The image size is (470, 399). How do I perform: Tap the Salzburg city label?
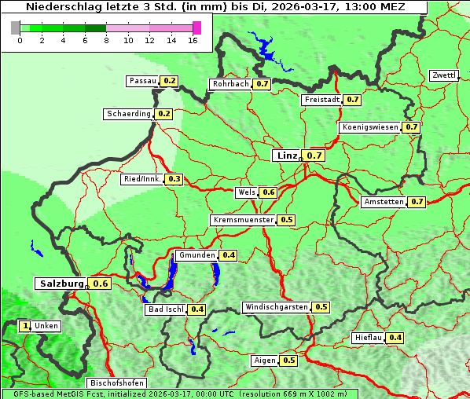tap(60, 283)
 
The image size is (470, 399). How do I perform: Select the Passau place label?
tap(142, 81)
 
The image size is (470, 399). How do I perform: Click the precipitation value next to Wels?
tap(269, 192)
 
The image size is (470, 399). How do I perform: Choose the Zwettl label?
tap(443, 75)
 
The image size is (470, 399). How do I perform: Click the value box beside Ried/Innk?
tap(174, 179)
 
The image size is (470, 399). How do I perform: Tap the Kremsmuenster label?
tap(243, 220)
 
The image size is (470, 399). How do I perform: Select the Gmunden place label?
tap(196, 255)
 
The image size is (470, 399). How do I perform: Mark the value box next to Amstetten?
tap(417, 202)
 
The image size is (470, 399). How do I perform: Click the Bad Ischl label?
tap(166, 309)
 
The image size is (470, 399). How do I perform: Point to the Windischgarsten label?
tap(276, 307)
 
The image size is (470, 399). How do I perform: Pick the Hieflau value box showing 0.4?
tap(396, 338)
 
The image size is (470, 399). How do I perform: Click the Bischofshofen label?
tap(115, 383)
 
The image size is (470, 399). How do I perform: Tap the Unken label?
tap(46, 326)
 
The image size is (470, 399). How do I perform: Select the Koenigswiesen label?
tap(370, 127)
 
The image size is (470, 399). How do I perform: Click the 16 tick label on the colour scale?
tap(193, 40)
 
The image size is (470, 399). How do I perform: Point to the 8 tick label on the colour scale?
tap(106, 40)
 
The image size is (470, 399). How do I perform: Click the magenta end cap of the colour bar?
tap(196, 27)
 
